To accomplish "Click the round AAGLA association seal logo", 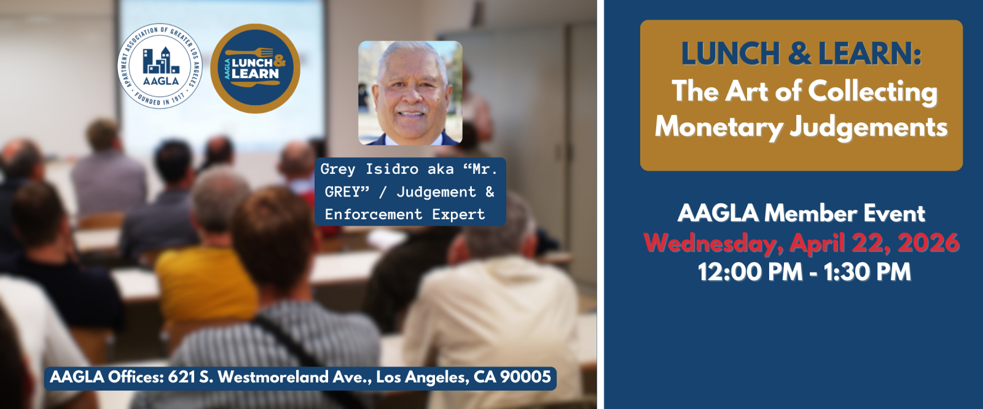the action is pyautogui.click(x=160, y=66).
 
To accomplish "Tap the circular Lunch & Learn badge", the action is pyautogui.click(x=255, y=68).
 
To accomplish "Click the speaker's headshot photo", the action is pyautogui.click(x=410, y=93).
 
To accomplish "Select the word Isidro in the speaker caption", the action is pyautogui.click(x=392, y=169).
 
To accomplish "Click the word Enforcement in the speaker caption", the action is pyautogui.click(x=374, y=214).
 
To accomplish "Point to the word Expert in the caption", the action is pyautogui.click(x=458, y=215).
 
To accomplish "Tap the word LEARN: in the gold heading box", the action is pyautogui.click(x=870, y=54).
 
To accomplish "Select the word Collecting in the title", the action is pyautogui.click(x=873, y=93).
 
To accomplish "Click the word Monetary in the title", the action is pyautogui.click(x=719, y=127).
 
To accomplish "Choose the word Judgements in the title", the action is pyautogui.click(x=869, y=128).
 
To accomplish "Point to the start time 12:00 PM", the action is pyautogui.click(x=750, y=272).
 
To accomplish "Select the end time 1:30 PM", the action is pyautogui.click(x=867, y=272).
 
